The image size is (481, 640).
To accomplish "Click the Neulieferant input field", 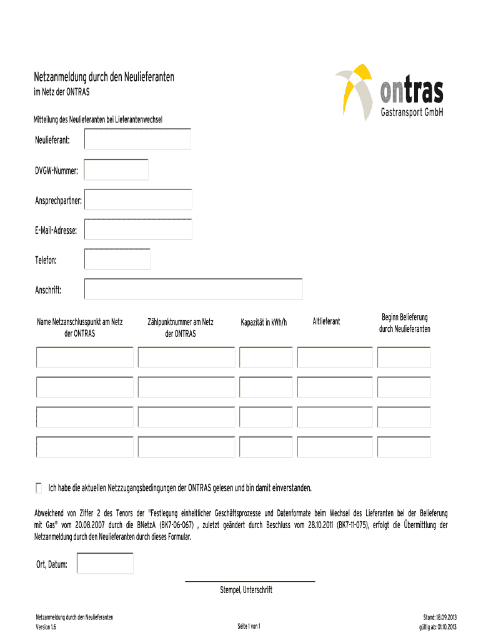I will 137,139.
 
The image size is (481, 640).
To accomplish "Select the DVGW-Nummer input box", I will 116,170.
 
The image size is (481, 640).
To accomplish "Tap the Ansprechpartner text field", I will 138,200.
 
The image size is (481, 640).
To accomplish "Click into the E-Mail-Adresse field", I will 138,229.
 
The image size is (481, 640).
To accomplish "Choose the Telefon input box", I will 117,259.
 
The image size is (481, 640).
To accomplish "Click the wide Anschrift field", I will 193,289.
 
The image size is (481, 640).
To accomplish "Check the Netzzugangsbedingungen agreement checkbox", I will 39,487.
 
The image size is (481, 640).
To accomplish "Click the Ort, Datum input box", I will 104,564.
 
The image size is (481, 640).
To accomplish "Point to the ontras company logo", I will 390,92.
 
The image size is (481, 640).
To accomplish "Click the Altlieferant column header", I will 326,321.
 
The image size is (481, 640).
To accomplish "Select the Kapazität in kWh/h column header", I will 264,322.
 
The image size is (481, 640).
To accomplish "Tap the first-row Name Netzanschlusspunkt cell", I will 85,357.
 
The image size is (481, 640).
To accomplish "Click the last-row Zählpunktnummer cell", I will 186,447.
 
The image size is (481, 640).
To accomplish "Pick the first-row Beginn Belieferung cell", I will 404,357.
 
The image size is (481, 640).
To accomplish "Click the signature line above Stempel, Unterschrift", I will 250,582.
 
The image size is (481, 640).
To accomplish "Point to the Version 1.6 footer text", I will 47,627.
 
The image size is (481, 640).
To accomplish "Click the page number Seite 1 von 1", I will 249,626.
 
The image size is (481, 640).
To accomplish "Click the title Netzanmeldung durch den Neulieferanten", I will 104,77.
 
